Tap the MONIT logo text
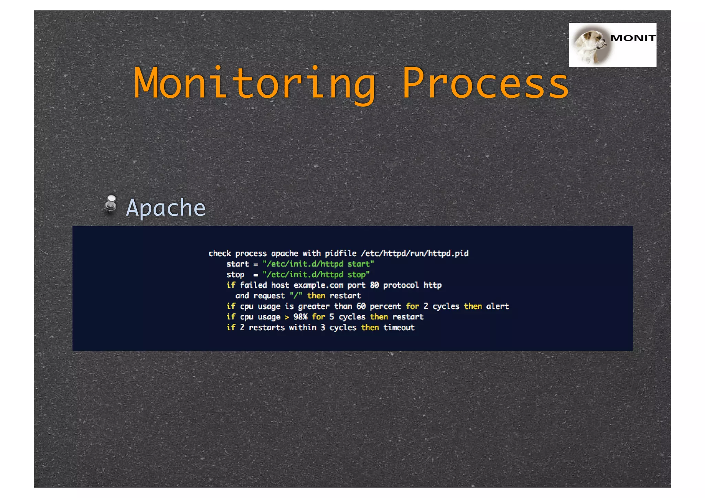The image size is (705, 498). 633,38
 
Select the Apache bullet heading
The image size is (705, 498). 166,208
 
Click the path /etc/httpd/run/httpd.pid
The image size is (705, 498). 415,254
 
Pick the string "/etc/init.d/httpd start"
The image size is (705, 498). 318,264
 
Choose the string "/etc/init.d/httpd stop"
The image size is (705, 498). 316,275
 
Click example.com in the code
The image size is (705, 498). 318,285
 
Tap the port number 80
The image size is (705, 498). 374,285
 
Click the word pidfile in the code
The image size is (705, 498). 340,254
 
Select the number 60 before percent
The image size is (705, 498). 361,306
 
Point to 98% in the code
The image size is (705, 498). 300,317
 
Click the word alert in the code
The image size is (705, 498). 497,306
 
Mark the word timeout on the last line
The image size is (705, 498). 399,328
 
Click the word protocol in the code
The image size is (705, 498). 401,285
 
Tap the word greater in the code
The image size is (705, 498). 314,307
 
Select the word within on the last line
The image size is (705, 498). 303,328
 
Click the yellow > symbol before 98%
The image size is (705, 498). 287,317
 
